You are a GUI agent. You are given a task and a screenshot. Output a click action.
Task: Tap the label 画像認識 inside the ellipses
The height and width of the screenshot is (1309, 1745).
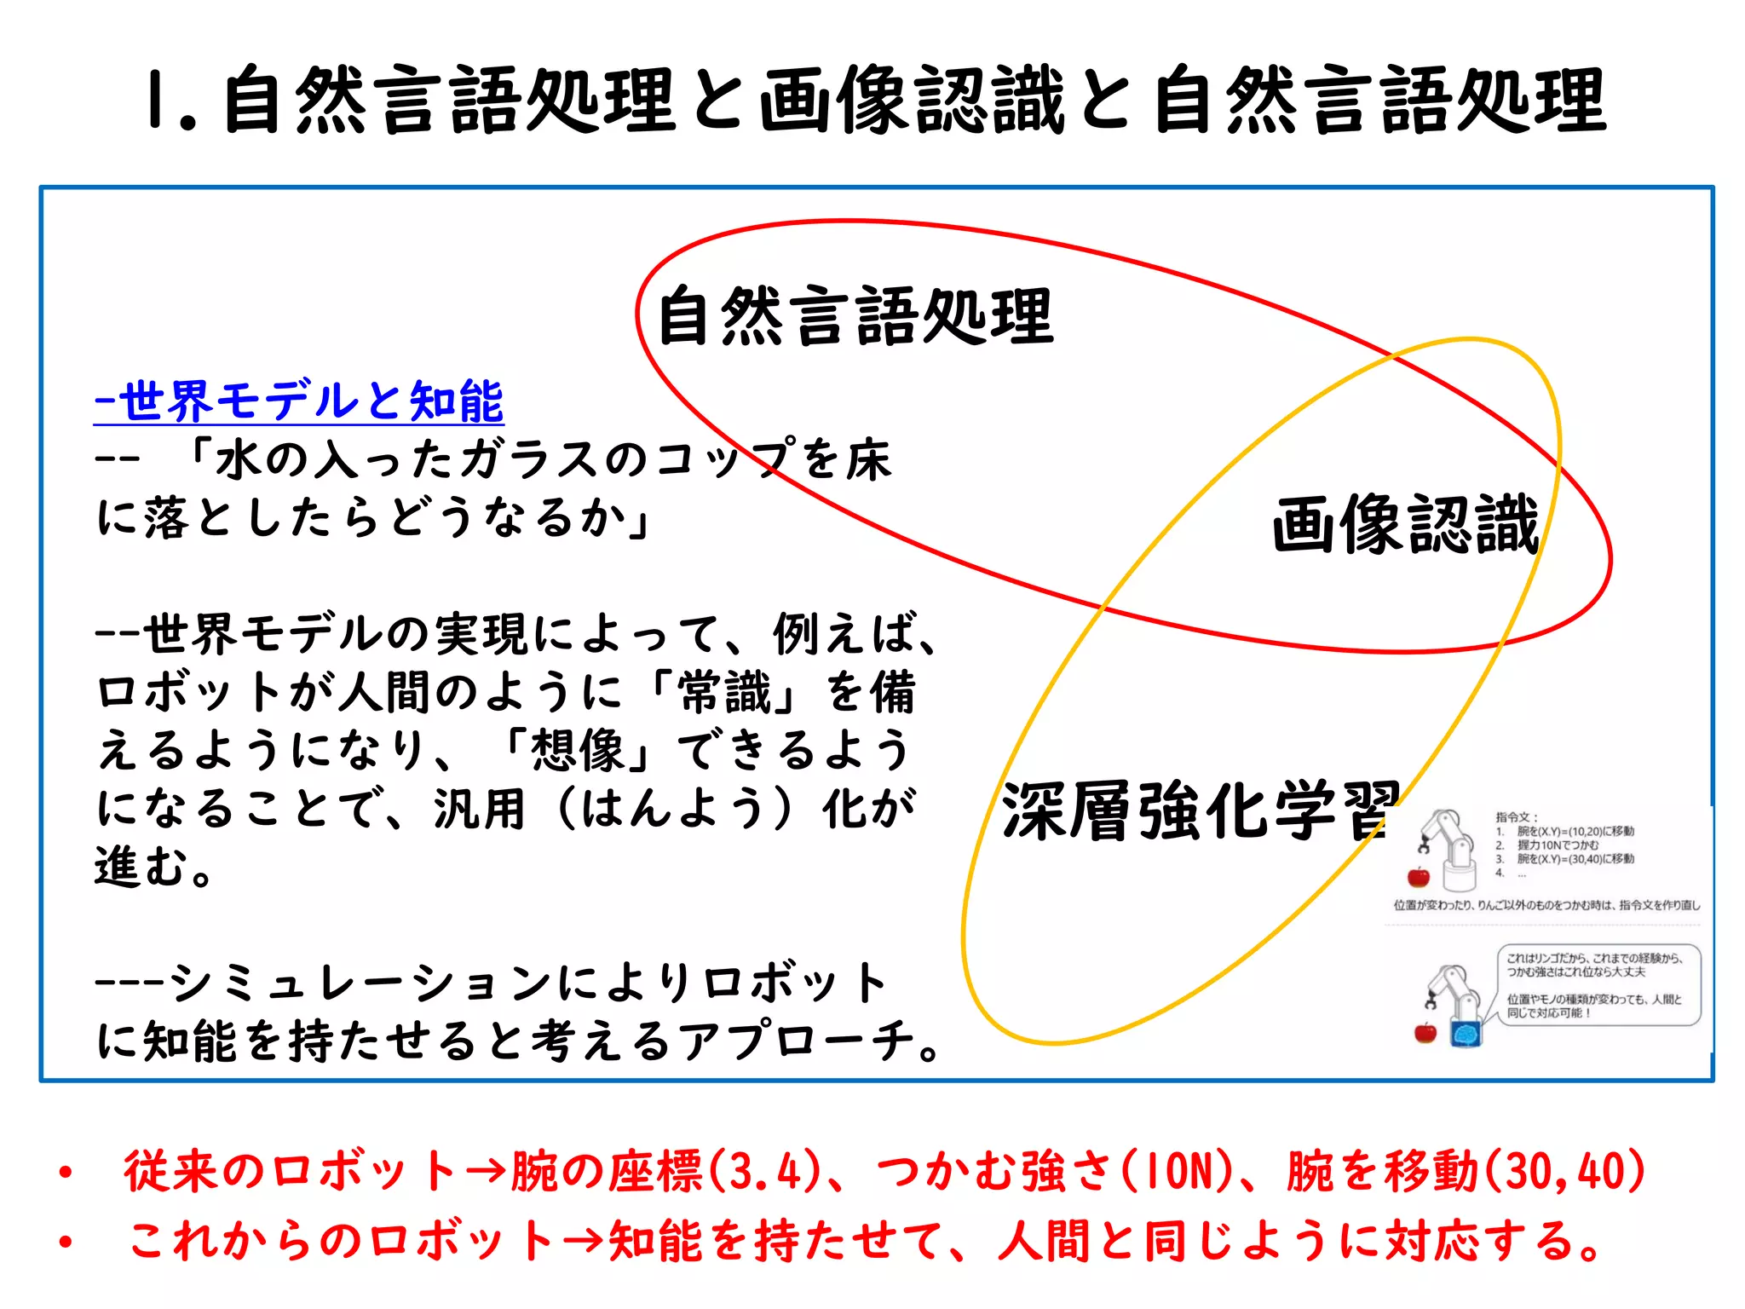click(x=1406, y=525)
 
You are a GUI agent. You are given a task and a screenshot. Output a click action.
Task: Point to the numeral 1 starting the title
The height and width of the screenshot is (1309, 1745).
click(x=157, y=101)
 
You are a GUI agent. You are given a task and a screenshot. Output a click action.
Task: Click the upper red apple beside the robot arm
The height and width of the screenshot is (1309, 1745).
click(x=1419, y=877)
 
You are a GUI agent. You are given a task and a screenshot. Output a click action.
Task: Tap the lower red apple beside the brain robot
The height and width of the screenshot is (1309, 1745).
click(x=1425, y=1033)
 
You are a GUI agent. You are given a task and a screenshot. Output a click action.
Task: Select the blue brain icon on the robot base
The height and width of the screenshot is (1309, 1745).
click(x=1466, y=1034)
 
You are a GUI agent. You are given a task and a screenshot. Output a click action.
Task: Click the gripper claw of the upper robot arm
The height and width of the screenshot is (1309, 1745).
click(x=1424, y=846)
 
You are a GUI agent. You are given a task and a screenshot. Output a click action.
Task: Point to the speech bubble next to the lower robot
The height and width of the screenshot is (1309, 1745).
click(x=1598, y=985)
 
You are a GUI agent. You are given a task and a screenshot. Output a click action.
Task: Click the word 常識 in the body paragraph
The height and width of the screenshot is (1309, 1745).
click(x=724, y=692)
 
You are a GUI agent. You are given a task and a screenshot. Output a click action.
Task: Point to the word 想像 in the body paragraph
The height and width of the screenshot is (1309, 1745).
click(x=579, y=751)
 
